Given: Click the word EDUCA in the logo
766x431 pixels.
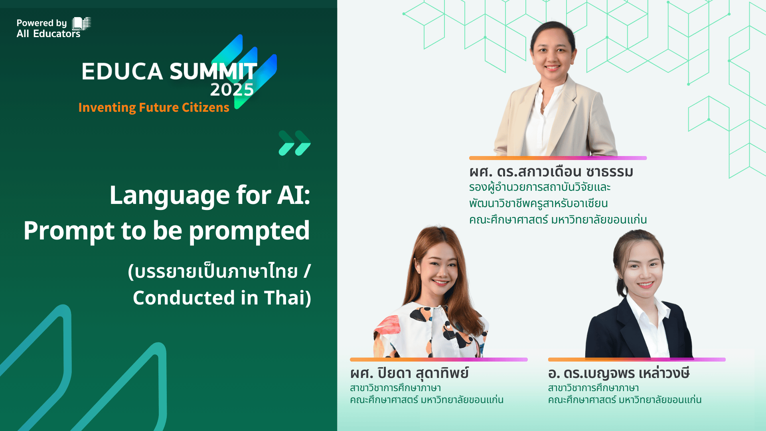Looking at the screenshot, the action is coord(122,71).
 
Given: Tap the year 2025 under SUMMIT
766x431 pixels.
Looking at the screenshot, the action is coord(232,90).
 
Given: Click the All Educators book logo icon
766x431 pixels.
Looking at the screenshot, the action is coord(81,24).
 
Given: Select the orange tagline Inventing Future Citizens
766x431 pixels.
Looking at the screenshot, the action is coord(154,107).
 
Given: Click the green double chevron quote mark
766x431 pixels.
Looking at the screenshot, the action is coord(294,143).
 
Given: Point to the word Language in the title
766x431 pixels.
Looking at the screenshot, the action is coord(170,196).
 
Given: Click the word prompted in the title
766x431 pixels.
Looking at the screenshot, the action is coord(249,231).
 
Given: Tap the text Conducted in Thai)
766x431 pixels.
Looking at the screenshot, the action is coord(222,298).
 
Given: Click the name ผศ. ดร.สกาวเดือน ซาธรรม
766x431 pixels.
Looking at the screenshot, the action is coord(551,172).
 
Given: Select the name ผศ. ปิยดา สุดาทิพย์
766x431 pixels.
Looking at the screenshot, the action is coord(409,373).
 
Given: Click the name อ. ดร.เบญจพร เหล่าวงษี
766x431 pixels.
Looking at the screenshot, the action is coord(619,373).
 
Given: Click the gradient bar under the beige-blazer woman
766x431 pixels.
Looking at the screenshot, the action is coord(558,158).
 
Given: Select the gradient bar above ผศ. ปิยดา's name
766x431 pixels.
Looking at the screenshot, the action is coord(439,360).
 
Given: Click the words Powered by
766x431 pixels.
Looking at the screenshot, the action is coord(41,23).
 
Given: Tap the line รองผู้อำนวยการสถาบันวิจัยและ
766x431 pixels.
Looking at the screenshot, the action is coord(540,187).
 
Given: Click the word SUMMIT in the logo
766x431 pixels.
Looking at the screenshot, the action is coord(213,71).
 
